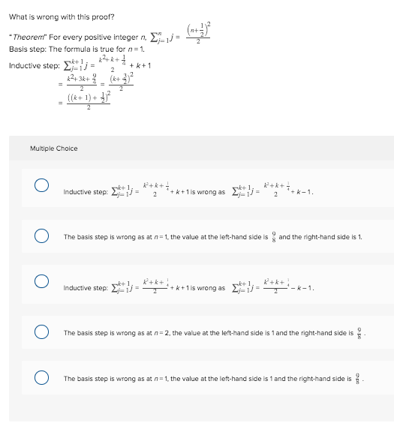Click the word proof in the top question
point(104,16)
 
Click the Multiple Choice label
point(54,148)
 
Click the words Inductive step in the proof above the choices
point(30,65)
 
